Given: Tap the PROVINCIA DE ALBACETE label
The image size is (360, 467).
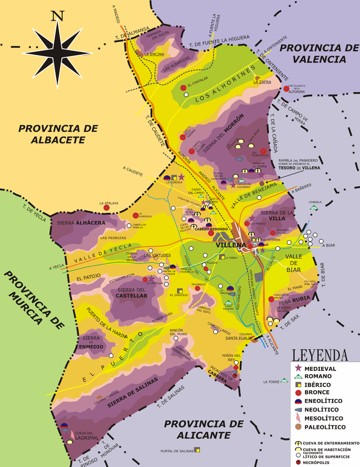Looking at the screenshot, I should [x=58, y=134].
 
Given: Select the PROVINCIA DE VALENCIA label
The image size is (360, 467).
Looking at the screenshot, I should [x=319, y=53].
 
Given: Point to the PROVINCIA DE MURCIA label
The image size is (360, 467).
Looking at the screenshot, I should [x=30, y=298].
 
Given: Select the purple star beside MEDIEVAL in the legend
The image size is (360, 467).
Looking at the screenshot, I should [x=298, y=368].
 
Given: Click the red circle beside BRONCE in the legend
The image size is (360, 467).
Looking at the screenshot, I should [x=298, y=393].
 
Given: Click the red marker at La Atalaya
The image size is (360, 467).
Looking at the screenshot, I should [x=107, y=207].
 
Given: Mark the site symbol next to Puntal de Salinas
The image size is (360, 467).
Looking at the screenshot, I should [x=197, y=450].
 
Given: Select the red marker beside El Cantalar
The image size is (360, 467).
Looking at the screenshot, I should [x=183, y=88].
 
